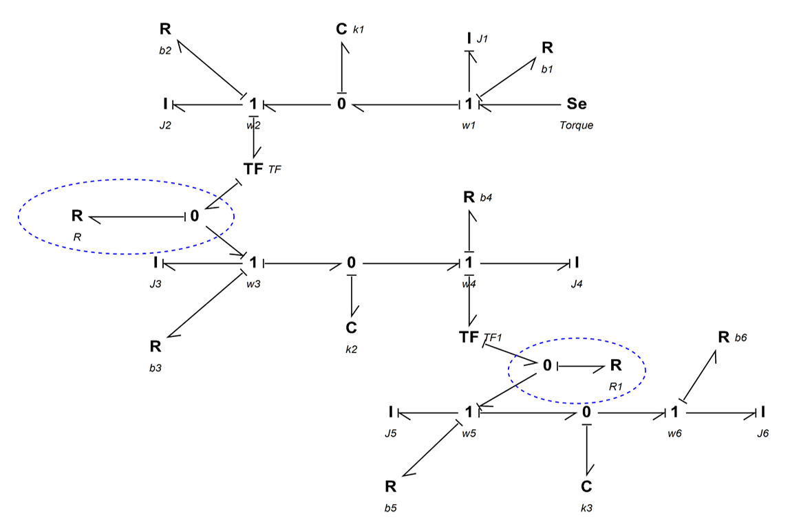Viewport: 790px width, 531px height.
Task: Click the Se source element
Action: tap(577, 104)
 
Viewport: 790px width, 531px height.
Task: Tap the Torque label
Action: tap(576, 125)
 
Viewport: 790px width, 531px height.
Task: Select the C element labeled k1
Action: tap(341, 29)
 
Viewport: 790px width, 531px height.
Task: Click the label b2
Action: tap(165, 50)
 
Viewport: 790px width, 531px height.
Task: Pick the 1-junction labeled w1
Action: tap(469, 104)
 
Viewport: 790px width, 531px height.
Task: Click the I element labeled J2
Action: tap(165, 104)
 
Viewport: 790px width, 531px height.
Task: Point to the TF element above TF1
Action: tap(253, 169)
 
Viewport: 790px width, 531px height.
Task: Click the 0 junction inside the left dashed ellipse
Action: tap(195, 216)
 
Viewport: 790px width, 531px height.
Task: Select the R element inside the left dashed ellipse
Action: tap(77, 215)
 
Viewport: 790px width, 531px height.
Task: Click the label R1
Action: tap(616, 387)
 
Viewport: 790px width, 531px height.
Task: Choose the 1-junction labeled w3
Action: tap(253, 262)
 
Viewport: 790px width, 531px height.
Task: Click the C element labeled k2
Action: tap(352, 328)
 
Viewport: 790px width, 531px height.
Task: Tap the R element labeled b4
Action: tap(469, 197)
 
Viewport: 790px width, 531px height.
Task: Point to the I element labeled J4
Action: tap(577, 262)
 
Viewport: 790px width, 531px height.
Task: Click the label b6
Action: tap(740, 338)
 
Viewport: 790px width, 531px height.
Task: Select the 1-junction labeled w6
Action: tap(674, 412)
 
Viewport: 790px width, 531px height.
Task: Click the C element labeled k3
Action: tap(586, 487)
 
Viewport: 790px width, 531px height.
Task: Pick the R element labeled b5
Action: tap(390, 487)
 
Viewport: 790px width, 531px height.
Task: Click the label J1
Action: tap(482, 39)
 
